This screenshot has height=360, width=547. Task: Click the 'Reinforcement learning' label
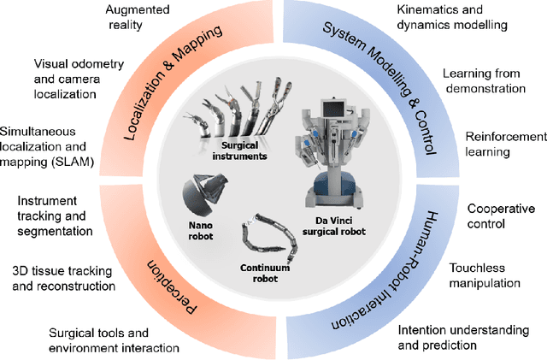tap(505, 144)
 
